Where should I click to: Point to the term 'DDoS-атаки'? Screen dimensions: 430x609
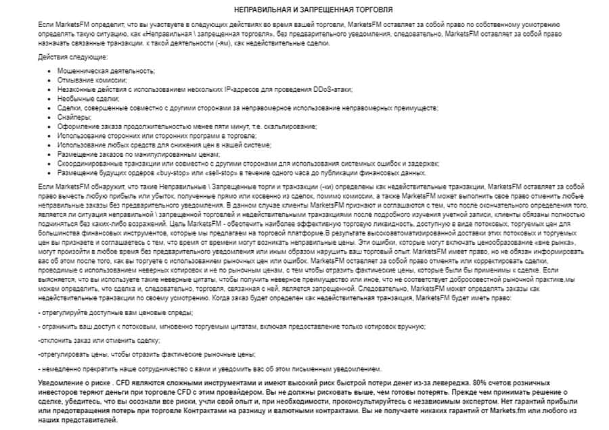[334, 89]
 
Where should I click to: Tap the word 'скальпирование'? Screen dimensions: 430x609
[290, 126]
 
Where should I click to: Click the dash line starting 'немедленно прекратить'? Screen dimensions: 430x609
[210, 369]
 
